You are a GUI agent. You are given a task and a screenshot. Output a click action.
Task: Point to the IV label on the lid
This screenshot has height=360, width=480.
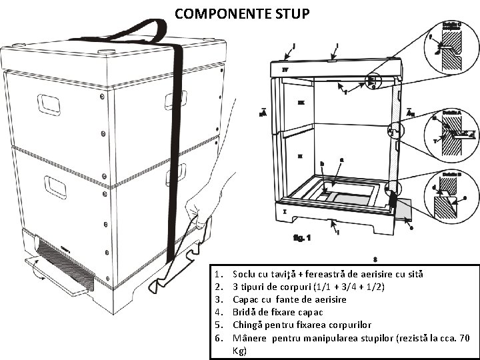(x=285, y=69)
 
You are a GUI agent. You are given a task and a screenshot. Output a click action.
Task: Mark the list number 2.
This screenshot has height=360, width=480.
(x=218, y=287)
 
